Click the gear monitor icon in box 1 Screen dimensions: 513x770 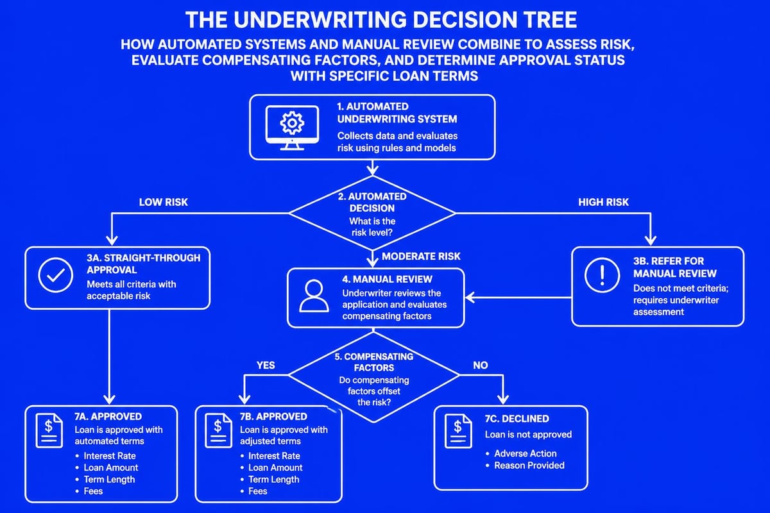click(x=293, y=128)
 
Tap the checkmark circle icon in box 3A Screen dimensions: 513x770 click(x=51, y=276)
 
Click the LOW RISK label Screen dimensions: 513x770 click(x=164, y=203)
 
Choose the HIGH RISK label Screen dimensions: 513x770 click(x=604, y=203)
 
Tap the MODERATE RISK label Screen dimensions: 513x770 click(x=421, y=256)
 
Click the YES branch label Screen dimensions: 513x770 click(x=265, y=366)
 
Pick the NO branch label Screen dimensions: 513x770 click(x=480, y=366)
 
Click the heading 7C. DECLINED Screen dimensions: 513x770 click(x=517, y=419)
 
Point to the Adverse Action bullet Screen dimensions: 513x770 click(x=525, y=453)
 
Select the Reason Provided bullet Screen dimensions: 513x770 click(x=529, y=466)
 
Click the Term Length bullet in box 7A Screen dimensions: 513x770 click(x=109, y=480)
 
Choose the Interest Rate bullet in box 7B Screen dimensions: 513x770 click(x=274, y=456)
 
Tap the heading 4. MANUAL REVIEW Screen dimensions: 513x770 click(x=387, y=280)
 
